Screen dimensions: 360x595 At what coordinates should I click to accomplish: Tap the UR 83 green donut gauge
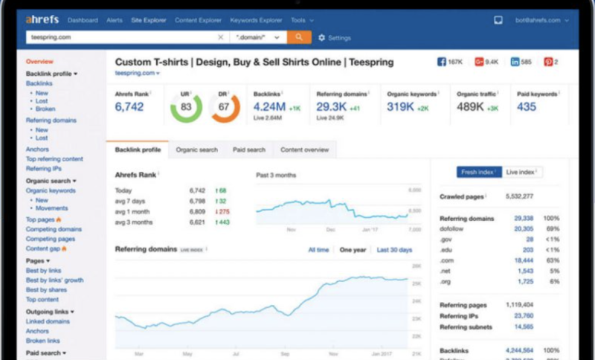[x=185, y=107]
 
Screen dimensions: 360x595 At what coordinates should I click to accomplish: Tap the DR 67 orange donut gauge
[x=224, y=107]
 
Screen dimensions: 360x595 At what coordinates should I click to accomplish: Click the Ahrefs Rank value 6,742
[x=129, y=107]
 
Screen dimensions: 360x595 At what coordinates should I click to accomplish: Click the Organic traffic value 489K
[x=471, y=107]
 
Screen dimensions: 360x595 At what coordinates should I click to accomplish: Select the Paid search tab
[x=248, y=150]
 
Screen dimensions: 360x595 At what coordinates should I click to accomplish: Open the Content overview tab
[x=304, y=150]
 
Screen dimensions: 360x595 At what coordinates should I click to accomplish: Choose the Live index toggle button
[x=522, y=172]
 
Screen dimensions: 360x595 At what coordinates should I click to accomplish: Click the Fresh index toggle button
[x=479, y=172]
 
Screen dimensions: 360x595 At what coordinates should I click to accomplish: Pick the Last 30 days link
[x=394, y=250]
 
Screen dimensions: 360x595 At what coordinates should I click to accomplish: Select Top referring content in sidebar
[x=54, y=159]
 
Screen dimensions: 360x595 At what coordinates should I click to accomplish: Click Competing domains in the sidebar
[x=54, y=230]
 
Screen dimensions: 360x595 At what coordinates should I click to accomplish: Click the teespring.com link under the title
[x=135, y=74]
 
